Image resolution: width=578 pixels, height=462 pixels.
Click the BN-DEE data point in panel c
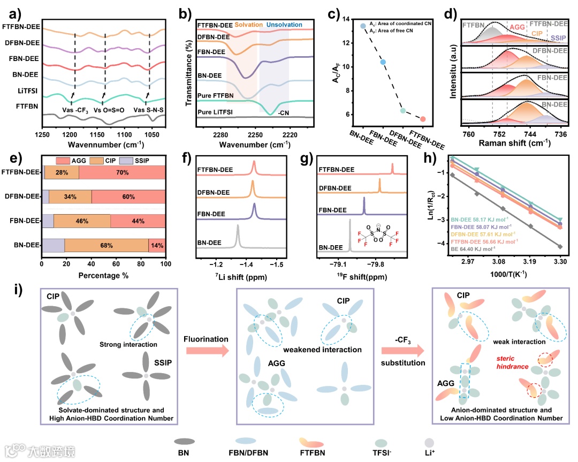coord(363,26)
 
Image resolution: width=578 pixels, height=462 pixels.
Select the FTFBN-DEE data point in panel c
coord(423,119)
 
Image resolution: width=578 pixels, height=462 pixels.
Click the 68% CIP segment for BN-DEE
coord(106,246)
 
